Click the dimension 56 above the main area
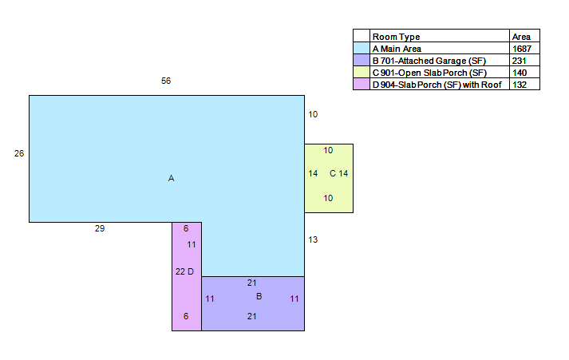pos(166,81)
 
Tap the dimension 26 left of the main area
pos(19,153)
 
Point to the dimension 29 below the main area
pos(100,228)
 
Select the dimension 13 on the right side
pos(313,240)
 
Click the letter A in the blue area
pos(172,178)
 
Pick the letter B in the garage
pos(259,296)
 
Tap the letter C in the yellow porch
pos(333,173)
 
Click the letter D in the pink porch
pos(191,271)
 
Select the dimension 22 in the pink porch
pos(180,271)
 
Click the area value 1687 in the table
pos(522,49)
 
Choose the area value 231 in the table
pos(520,61)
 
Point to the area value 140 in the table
pos(520,73)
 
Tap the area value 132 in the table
pos(520,85)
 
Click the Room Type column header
pos(397,37)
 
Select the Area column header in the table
pos(521,37)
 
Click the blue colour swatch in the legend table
pos(362,48)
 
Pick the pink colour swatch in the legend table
pos(362,84)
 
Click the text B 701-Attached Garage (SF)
pos(429,61)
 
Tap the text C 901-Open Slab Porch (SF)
pos(429,73)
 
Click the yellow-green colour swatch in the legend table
pos(362,72)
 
